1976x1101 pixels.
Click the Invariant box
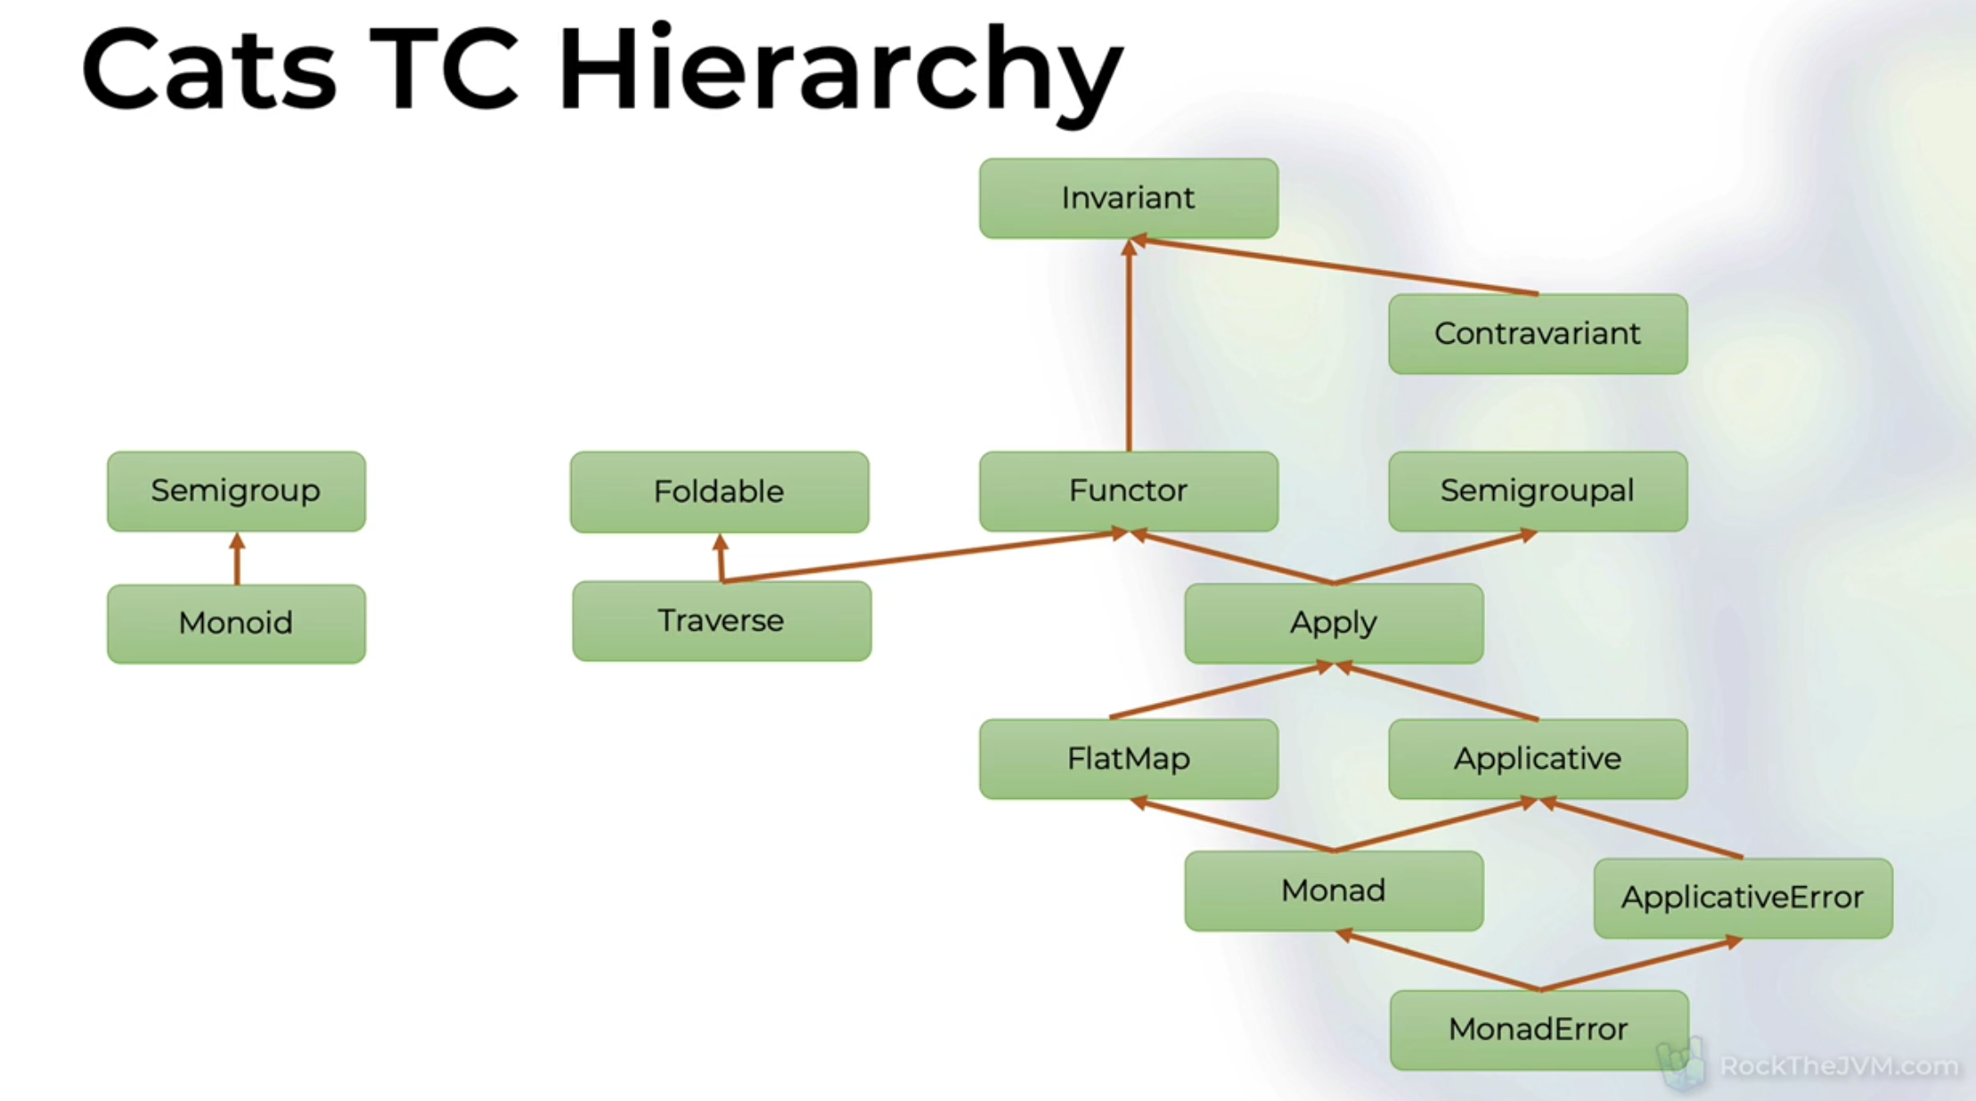pos(1128,198)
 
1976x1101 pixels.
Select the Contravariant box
pos(1538,334)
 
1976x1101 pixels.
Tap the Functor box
pos(1128,491)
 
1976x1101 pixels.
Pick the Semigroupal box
pos(1538,491)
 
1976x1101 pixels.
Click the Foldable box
pos(719,492)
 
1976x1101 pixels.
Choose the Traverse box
pos(722,621)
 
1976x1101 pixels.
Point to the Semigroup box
pos(236,491)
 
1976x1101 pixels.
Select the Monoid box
pos(236,624)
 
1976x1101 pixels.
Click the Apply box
pos(1334,623)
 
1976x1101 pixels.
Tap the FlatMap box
pos(1128,759)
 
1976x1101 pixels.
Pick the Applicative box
pos(1538,759)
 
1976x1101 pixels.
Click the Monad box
pos(1334,891)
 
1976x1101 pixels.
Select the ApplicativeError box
pos(1743,898)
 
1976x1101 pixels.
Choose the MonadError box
pos(1539,1030)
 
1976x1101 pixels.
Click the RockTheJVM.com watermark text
pos(1839,1066)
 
